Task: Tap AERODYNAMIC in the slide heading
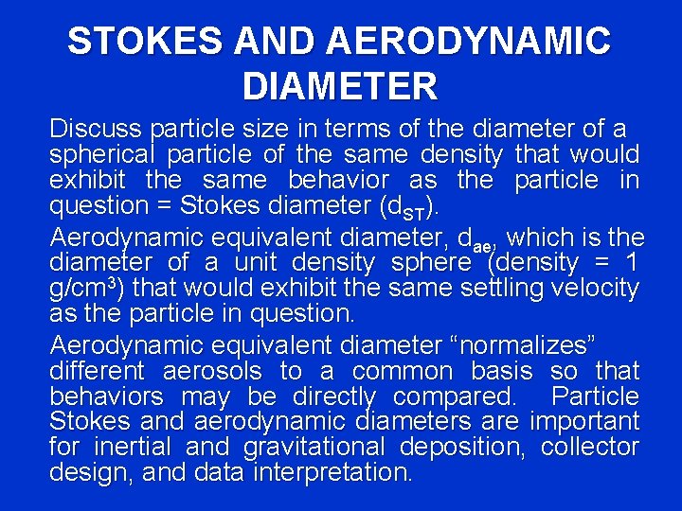coord(469,42)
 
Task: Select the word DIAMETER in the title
coord(340,87)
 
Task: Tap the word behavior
coord(338,181)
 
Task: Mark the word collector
coord(589,447)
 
